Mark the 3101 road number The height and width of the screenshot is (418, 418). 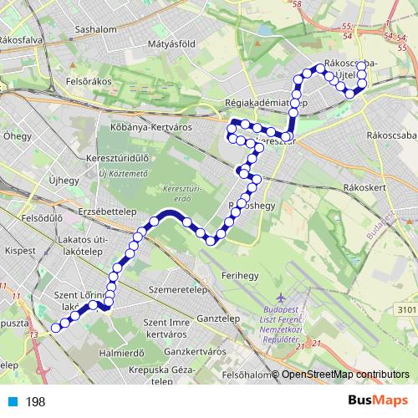click(x=405, y=310)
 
